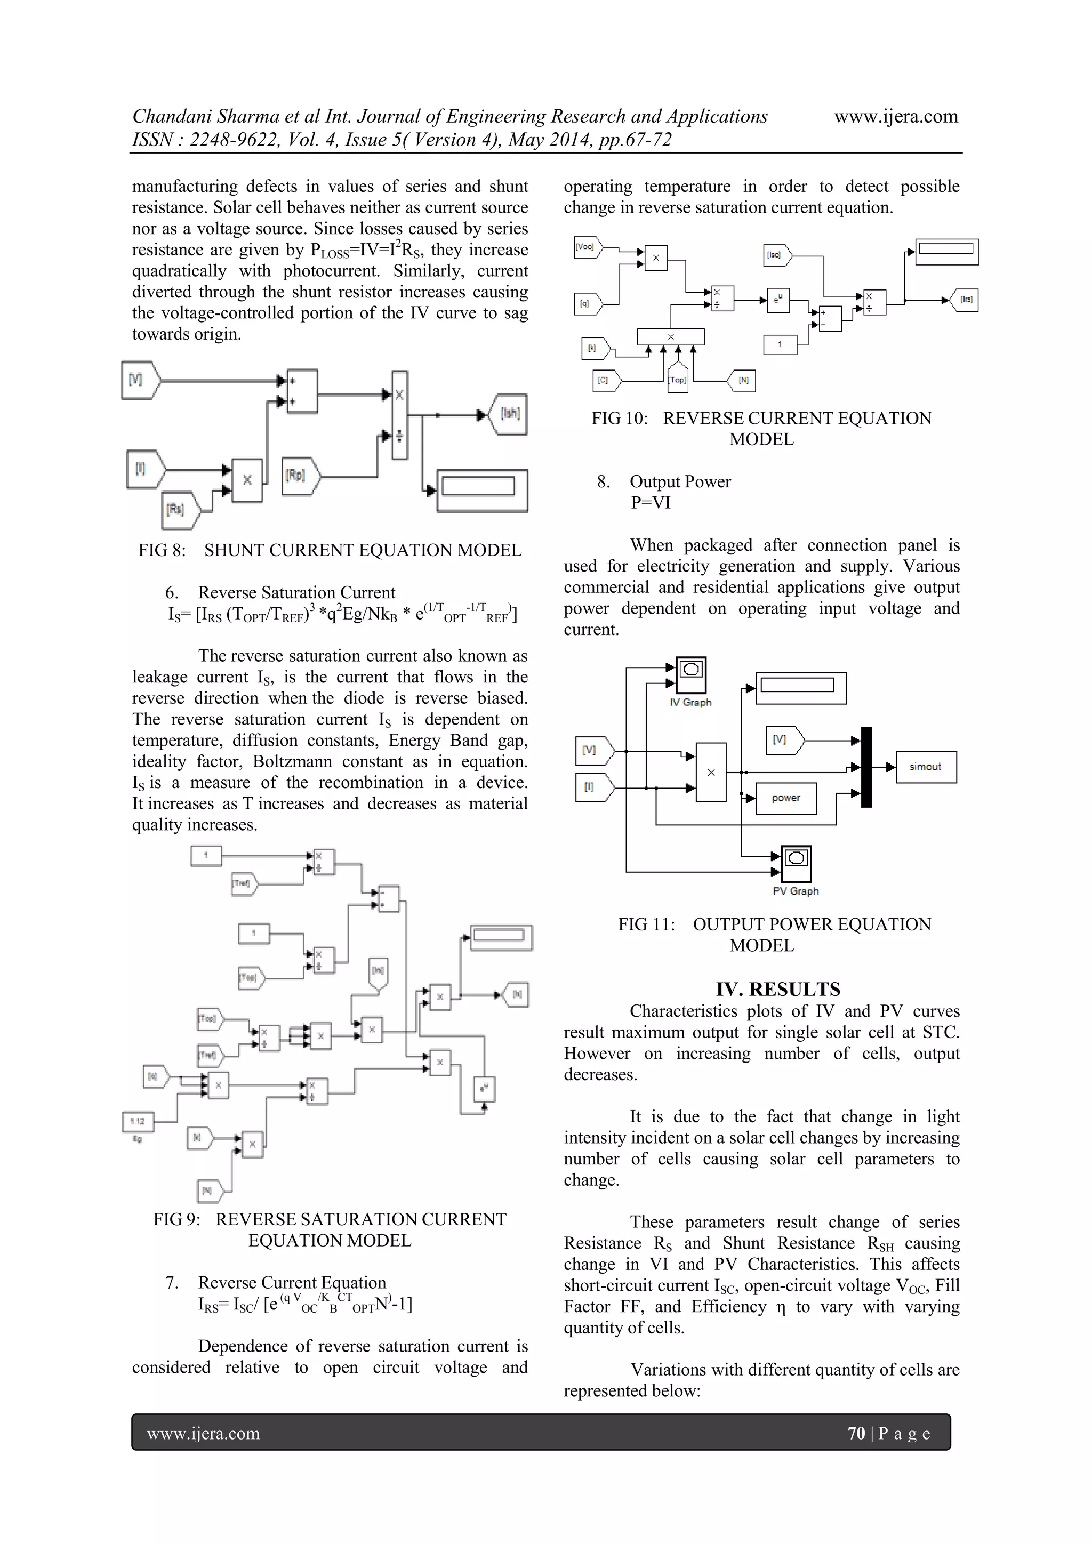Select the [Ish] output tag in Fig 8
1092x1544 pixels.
[x=509, y=414]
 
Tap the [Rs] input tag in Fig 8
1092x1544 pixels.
[x=178, y=510]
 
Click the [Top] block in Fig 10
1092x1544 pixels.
[x=677, y=379]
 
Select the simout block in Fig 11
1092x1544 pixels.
[x=925, y=767]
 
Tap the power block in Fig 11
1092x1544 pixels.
[x=785, y=798]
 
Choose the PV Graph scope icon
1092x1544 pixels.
[x=796, y=864]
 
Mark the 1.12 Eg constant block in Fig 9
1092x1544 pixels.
[x=138, y=1121]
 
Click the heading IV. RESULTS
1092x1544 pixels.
[x=777, y=988]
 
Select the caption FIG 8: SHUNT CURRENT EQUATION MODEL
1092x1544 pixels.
[x=330, y=550]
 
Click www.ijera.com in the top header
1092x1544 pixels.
[x=896, y=116]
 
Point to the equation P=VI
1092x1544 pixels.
[x=650, y=502]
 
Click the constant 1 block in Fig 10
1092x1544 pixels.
[x=780, y=344]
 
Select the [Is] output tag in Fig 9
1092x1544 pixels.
[x=517, y=994]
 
